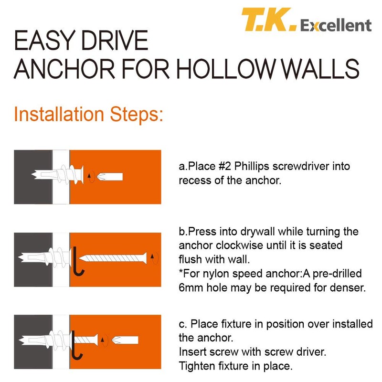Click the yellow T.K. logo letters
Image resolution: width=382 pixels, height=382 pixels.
[269, 20]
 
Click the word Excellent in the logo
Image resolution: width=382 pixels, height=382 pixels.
[336, 25]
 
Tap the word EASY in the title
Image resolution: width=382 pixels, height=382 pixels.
[44, 41]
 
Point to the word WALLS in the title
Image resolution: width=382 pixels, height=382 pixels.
[320, 69]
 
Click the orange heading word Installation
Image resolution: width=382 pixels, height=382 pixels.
[59, 114]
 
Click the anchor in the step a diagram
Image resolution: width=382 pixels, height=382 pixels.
[58, 174]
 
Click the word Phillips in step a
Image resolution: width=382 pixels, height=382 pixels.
[252, 167]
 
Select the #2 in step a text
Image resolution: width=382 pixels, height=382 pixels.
[224, 166]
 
